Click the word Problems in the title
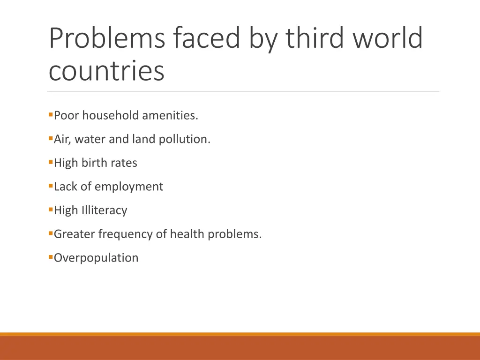pyautogui.click(x=106, y=38)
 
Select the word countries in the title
pyautogui.click(x=106, y=71)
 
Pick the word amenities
pyautogui.click(x=170, y=115)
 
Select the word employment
pyautogui.click(x=129, y=187)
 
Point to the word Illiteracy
pyautogui.click(x=104, y=210)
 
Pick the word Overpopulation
pyautogui.click(x=96, y=258)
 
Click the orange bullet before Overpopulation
pyautogui.click(x=50, y=257)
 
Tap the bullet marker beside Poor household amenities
pyautogui.click(x=50, y=114)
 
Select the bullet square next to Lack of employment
pyautogui.click(x=50, y=186)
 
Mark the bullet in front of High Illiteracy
pyautogui.click(x=50, y=210)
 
